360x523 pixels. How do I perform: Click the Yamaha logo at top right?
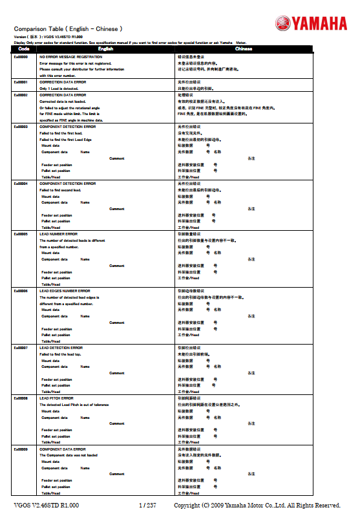coord(311,25)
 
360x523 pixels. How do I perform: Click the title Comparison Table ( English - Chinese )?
coord(68,29)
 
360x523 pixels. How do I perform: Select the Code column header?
coord(23,49)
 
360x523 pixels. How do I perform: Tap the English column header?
coord(105,49)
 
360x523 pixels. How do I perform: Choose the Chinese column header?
coord(244,49)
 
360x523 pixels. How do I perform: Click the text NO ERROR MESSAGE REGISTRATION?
coord(70,57)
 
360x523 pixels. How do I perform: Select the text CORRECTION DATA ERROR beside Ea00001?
coord(63,82)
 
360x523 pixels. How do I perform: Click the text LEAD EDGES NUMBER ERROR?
coord(65,291)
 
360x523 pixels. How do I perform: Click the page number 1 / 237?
coord(147,505)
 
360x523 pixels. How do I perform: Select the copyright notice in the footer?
coord(257,505)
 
